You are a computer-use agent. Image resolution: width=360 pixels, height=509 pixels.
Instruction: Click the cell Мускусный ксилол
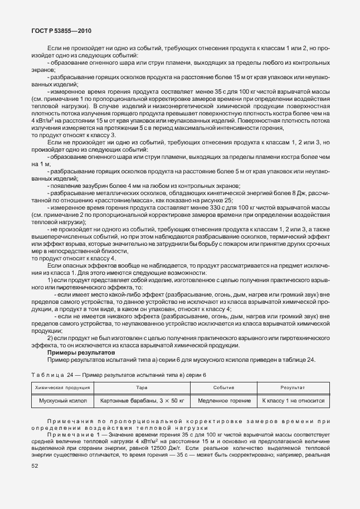point(61,400)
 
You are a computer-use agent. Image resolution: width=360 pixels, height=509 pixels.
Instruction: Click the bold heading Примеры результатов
point(81,352)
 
